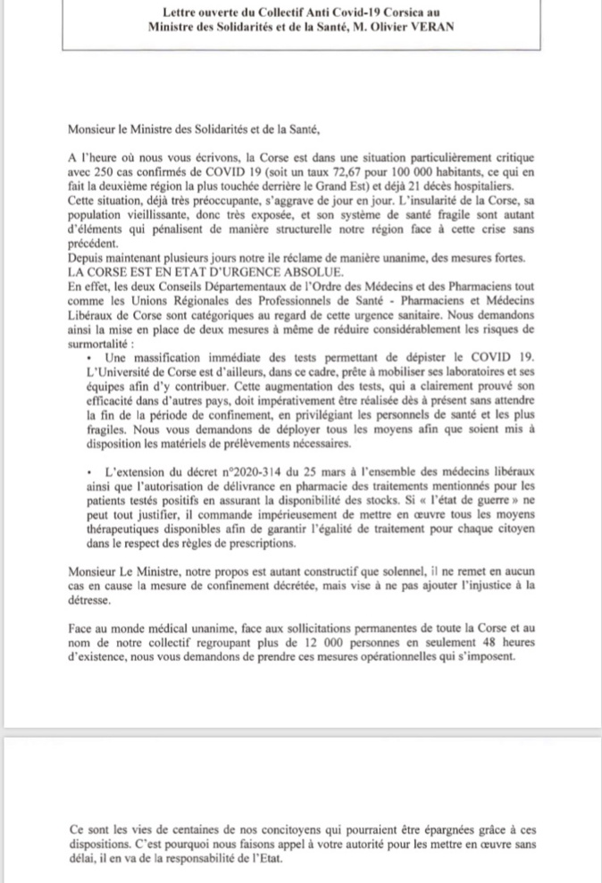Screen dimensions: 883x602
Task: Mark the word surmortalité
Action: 100,340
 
